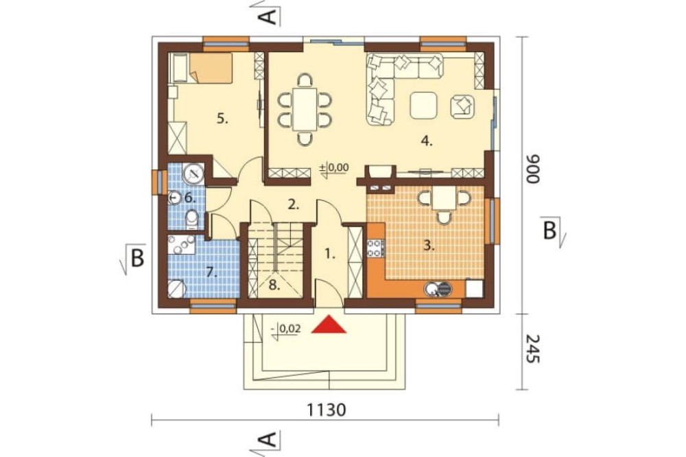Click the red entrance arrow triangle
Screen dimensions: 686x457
click(329, 325)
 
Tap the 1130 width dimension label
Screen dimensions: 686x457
click(326, 410)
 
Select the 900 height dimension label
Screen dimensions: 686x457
click(533, 169)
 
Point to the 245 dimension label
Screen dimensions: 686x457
click(533, 349)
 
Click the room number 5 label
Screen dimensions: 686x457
click(223, 119)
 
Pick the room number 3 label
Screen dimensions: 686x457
click(429, 246)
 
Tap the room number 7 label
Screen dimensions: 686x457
click(212, 273)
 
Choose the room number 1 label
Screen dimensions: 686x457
click(330, 253)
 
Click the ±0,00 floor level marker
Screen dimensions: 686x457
click(334, 168)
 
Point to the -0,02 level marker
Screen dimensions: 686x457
click(287, 329)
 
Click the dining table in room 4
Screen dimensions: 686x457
click(305, 109)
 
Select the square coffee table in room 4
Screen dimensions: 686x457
click(423, 105)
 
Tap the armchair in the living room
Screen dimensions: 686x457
click(462, 106)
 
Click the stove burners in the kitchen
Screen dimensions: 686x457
click(375, 248)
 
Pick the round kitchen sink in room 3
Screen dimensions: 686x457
click(431, 288)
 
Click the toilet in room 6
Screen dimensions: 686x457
click(191, 220)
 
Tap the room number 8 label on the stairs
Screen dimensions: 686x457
click(274, 285)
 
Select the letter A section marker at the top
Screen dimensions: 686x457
click(268, 15)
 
